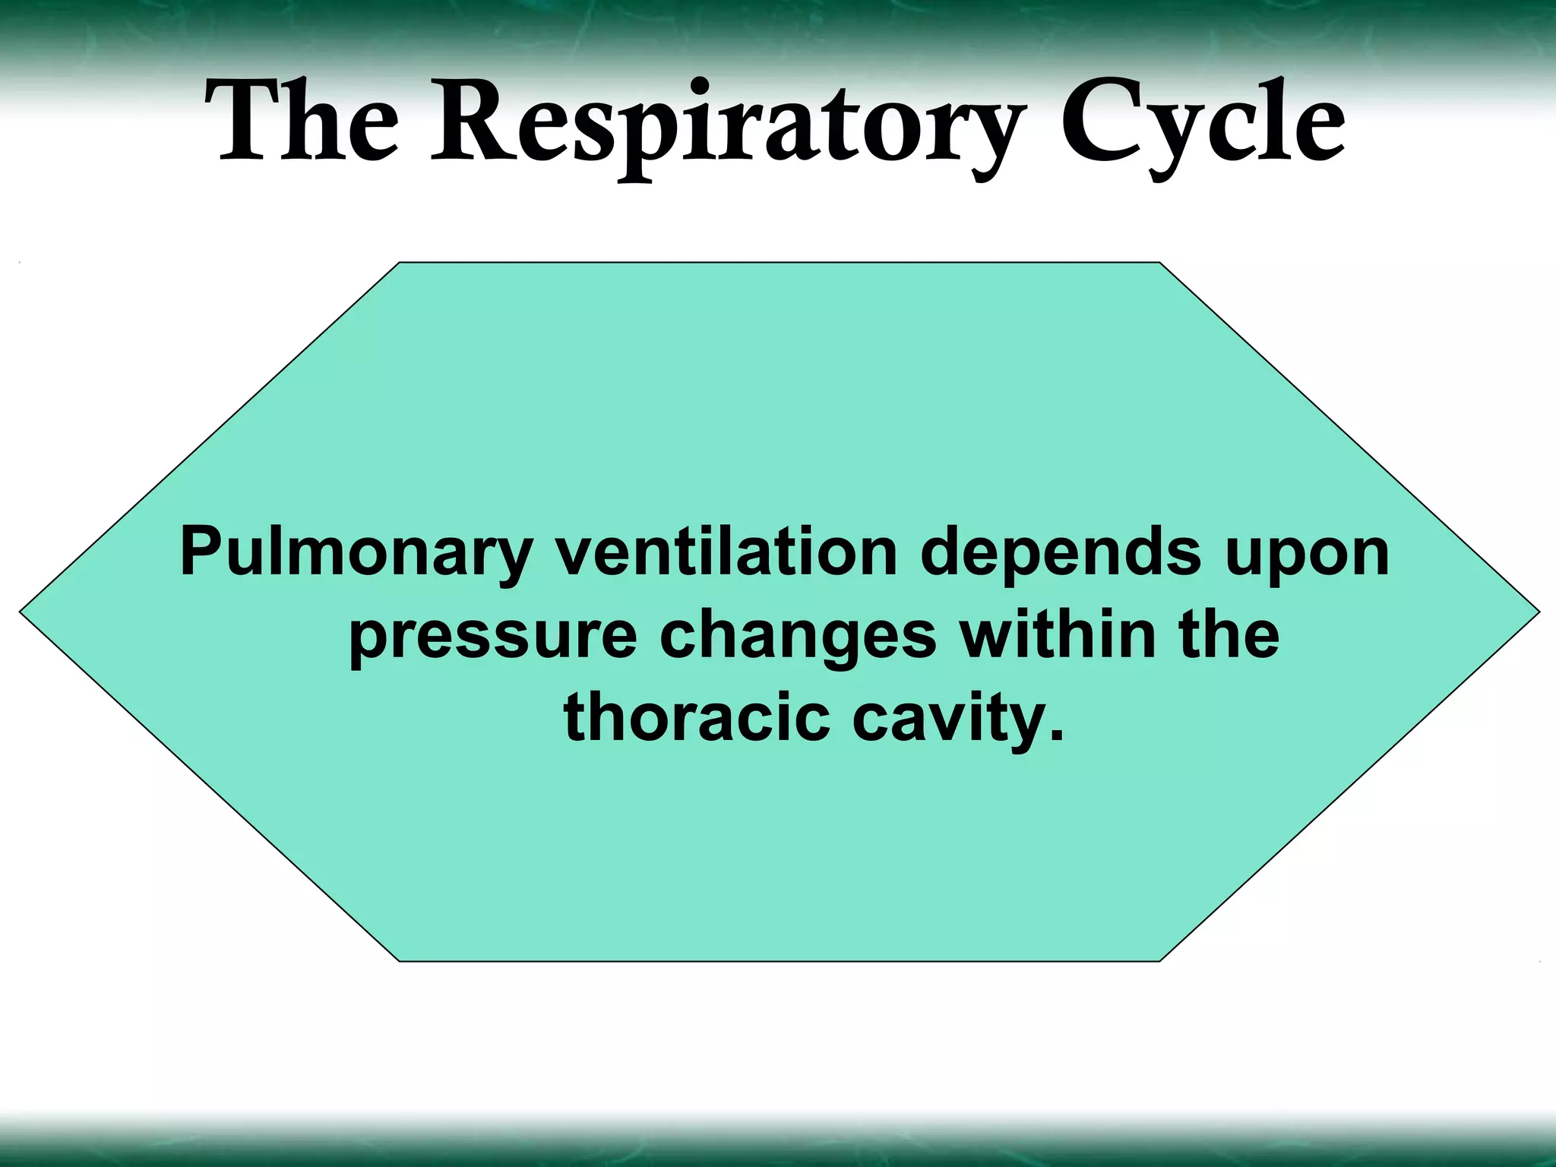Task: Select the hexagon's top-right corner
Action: [1159, 264]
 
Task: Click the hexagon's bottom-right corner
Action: [1159, 960]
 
